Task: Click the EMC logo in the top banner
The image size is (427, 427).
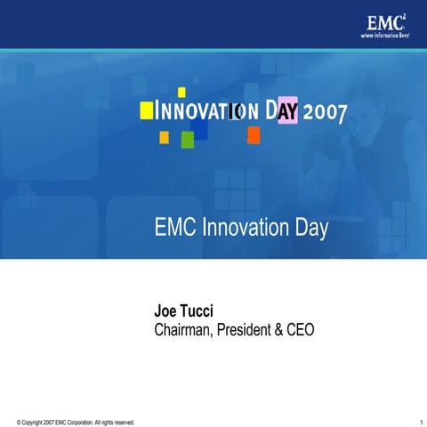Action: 384,22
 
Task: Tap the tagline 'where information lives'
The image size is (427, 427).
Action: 384,36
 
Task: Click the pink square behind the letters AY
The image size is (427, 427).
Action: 287,111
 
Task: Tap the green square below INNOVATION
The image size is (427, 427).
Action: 188,139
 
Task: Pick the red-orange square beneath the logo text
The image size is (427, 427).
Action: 254,134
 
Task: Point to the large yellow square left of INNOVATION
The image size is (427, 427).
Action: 147,109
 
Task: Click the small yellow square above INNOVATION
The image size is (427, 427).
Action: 181,92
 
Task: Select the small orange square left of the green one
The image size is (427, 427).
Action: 164,137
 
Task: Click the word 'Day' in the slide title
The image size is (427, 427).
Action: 310,230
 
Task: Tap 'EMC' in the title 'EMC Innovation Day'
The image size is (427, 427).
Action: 176,229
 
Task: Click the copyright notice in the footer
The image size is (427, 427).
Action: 76,421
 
